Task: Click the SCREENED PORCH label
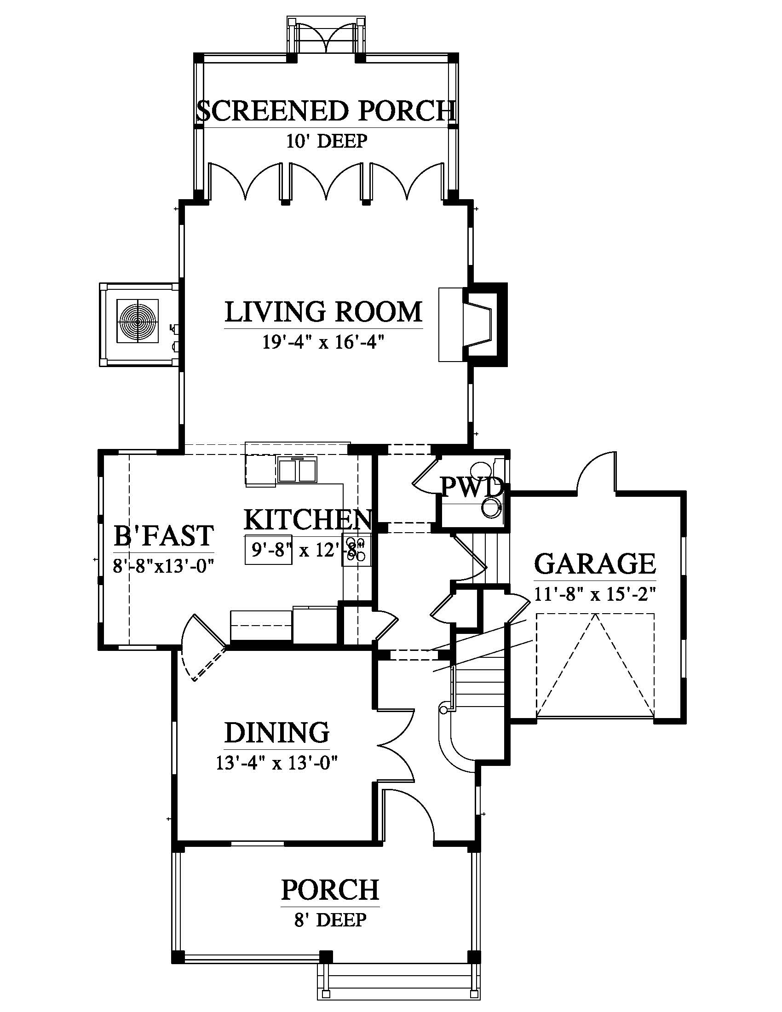click(x=326, y=111)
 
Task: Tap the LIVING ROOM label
click(x=324, y=311)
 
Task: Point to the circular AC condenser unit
click(x=138, y=321)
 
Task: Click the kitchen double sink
click(x=298, y=471)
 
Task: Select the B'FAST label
click(x=164, y=535)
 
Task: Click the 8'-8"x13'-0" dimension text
click(x=163, y=565)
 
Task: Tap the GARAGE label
click(x=595, y=563)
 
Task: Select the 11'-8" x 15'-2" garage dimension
click(x=595, y=593)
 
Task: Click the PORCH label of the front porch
click(x=330, y=890)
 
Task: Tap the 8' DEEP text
click(x=330, y=920)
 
